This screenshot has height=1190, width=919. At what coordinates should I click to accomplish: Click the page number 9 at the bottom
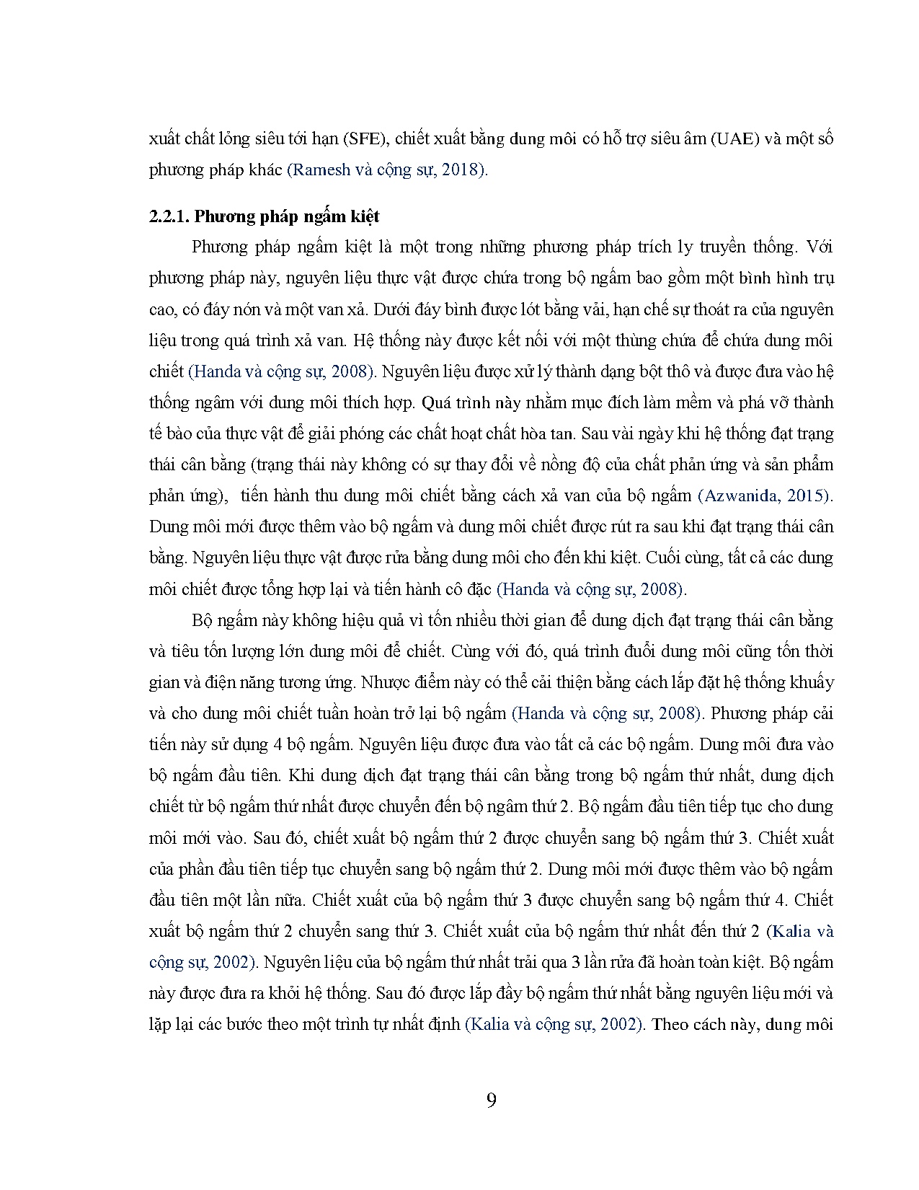[491, 1100]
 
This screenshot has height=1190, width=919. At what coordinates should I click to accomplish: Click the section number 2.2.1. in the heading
[169, 216]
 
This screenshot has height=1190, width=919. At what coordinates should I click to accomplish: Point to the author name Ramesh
[321, 170]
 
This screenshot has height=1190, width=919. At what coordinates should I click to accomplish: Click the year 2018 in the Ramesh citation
[466, 170]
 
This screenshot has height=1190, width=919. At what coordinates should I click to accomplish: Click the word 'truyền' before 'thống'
[724, 247]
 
